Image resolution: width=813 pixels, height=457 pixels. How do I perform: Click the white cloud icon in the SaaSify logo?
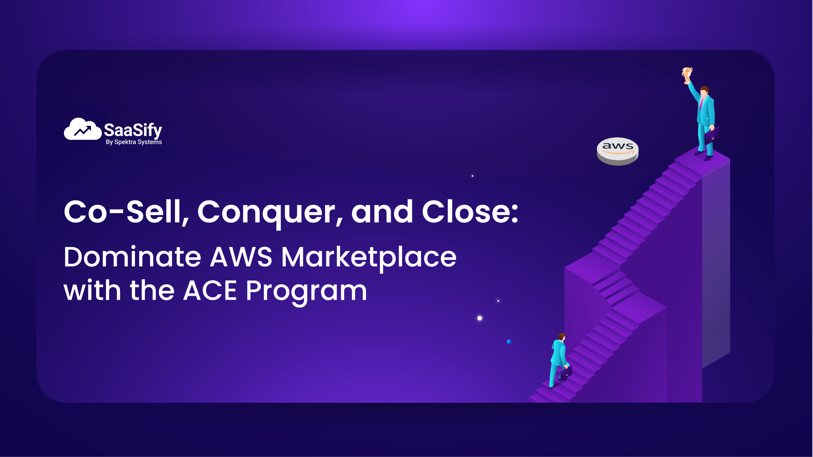(82, 129)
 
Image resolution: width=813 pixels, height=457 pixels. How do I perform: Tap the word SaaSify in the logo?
(133, 130)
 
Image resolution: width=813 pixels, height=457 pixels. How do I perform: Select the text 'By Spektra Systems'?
(134, 142)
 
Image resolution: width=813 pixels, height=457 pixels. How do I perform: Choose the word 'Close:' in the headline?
(470, 212)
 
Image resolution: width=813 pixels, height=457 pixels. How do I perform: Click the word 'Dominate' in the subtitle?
(132, 257)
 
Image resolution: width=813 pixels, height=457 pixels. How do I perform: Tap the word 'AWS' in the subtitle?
(241, 257)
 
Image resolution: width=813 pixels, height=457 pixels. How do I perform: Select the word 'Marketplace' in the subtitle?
(369, 258)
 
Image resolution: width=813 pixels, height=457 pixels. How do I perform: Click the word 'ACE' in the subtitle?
(210, 291)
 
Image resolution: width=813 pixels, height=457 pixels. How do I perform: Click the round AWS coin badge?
(618, 151)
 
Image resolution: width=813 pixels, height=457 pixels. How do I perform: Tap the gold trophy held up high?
(687, 74)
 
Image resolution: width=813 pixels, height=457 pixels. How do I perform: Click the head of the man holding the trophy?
(705, 91)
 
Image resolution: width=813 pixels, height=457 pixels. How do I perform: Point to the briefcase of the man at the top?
(712, 134)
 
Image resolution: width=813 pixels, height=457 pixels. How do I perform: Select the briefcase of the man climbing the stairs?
(566, 372)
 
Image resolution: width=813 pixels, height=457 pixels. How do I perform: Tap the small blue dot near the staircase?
(509, 342)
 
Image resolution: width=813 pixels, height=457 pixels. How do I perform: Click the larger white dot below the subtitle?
(480, 318)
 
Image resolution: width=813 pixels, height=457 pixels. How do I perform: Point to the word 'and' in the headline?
(382, 212)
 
